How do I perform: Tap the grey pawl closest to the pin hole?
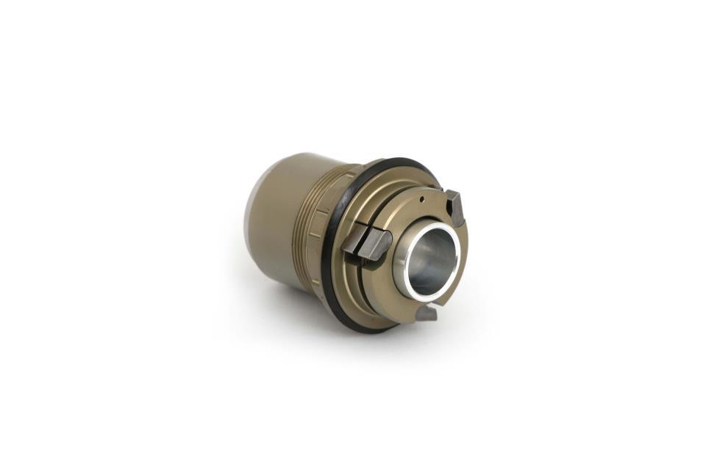coord(455,207)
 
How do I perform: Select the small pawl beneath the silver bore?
coord(427,313)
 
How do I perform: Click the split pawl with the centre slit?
coord(367,242)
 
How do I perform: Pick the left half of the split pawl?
coord(354,238)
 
